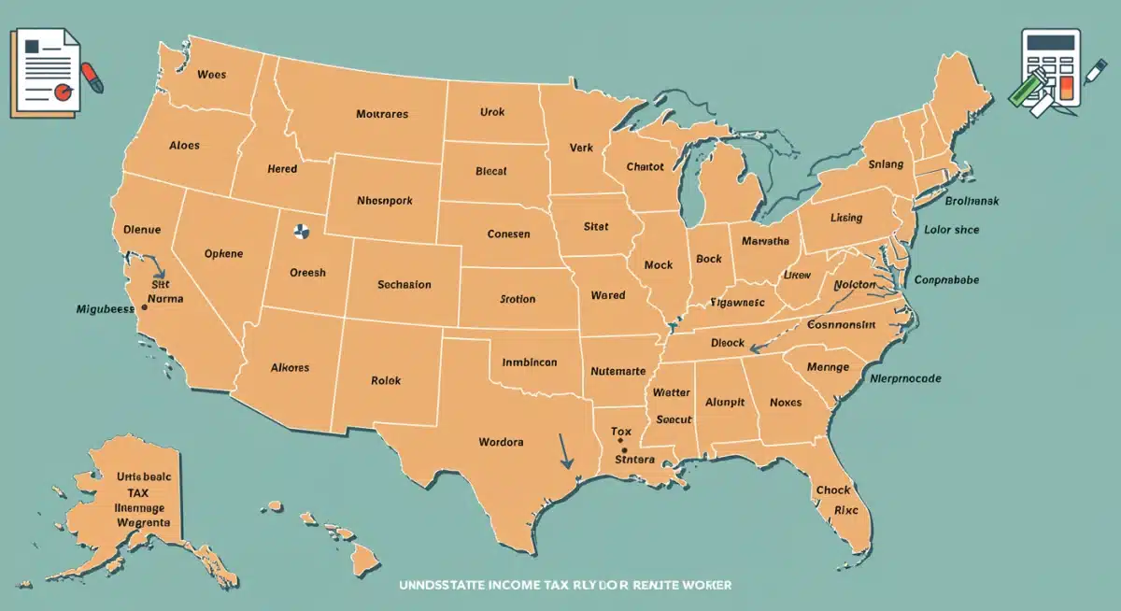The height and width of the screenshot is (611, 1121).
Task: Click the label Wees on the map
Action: point(212,74)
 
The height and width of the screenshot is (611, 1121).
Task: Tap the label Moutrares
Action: point(382,114)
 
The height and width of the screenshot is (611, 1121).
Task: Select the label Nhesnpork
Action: point(384,201)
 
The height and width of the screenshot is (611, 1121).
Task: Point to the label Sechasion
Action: point(404,284)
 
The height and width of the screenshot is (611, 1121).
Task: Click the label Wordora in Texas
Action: point(501,441)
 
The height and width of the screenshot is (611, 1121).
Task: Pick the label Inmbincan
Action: point(530,362)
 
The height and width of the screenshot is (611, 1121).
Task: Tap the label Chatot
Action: point(645,166)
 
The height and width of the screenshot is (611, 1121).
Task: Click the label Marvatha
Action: point(766,241)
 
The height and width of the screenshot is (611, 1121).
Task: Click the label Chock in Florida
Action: point(833,490)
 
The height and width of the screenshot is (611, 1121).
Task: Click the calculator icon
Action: point(1050,68)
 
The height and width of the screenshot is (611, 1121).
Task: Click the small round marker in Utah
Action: point(300,231)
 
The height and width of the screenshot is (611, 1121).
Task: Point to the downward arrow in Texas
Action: point(564,449)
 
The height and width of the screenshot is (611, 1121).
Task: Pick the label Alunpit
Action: point(725,403)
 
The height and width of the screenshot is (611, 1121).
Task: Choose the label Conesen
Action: point(508,234)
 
